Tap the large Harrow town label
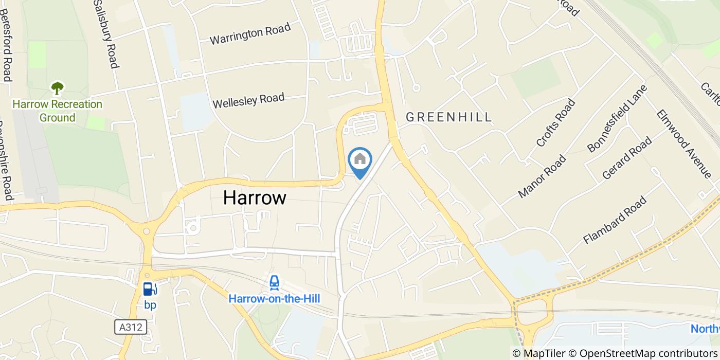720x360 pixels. tap(255, 197)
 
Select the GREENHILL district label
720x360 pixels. tap(448, 117)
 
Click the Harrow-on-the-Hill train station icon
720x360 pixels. tap(274, 283)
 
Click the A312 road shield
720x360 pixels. tap(130, 327)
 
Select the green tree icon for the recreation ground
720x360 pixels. tap(57, 88)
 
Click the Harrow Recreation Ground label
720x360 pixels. tap(58, 111)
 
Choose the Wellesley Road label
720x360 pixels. tap(248, 100)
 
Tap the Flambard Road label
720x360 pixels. tap(615, 220)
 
